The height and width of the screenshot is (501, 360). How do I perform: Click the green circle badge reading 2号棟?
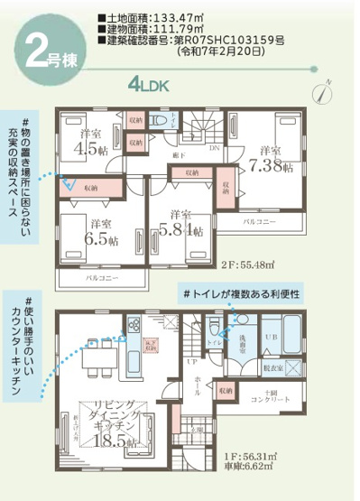45,50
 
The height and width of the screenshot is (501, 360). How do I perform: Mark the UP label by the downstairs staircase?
191,360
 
